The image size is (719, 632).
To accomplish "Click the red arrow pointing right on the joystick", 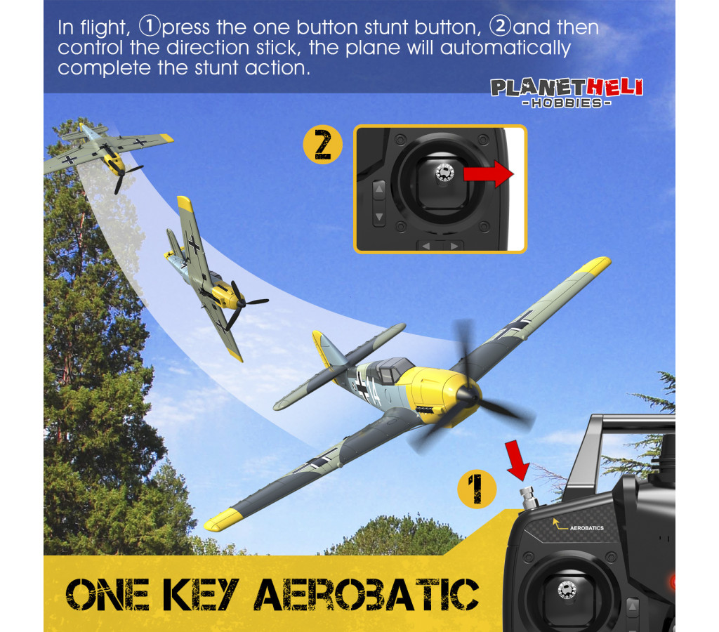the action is click(x=489, y=174).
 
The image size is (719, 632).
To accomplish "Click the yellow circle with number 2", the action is click(x=323, y=145).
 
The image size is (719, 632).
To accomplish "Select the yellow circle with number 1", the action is click(x=477, y=489).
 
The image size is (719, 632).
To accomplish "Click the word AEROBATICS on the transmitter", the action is click(x=586, y=528).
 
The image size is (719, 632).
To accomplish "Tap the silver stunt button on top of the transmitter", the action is click(x=528, y=498).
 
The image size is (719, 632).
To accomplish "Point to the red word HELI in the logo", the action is click(x=614, y=87).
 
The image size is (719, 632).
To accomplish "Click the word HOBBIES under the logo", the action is click(x=567, y=103).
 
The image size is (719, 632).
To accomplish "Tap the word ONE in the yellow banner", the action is click(x=107, y=594).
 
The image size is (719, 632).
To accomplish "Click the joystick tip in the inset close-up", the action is click(x=444, y=173).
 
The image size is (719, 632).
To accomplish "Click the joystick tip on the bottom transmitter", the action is click(x=567, y=590).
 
